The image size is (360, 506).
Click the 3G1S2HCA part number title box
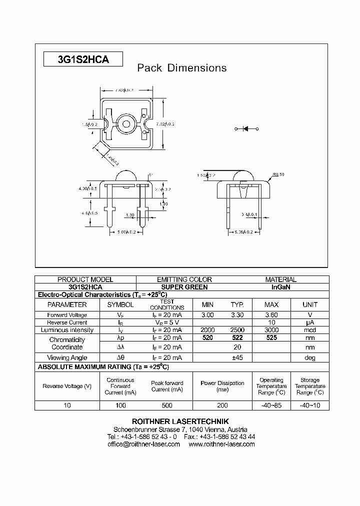coord(83,59)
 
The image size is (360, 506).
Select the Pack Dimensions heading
coord(182,68)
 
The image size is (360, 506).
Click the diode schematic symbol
coord(246,129)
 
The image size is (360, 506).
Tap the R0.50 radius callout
coord(278,174)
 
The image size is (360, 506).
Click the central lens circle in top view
coord(124,123)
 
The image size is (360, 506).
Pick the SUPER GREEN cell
coord(184,287)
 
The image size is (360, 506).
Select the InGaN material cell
coord(281,287)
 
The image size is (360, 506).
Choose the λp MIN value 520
coord(207,338)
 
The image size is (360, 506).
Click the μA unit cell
coord(310,322)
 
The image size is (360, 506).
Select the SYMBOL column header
coord(120,304)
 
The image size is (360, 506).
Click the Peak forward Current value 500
coord(167,405)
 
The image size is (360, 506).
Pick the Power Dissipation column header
coord(222,386)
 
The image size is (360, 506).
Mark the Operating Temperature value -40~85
coord(271,405)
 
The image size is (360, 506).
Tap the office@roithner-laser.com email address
coord(143,444)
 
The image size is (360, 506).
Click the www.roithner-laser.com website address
coord(221,444)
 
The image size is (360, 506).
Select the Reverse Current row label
coord(67,322)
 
